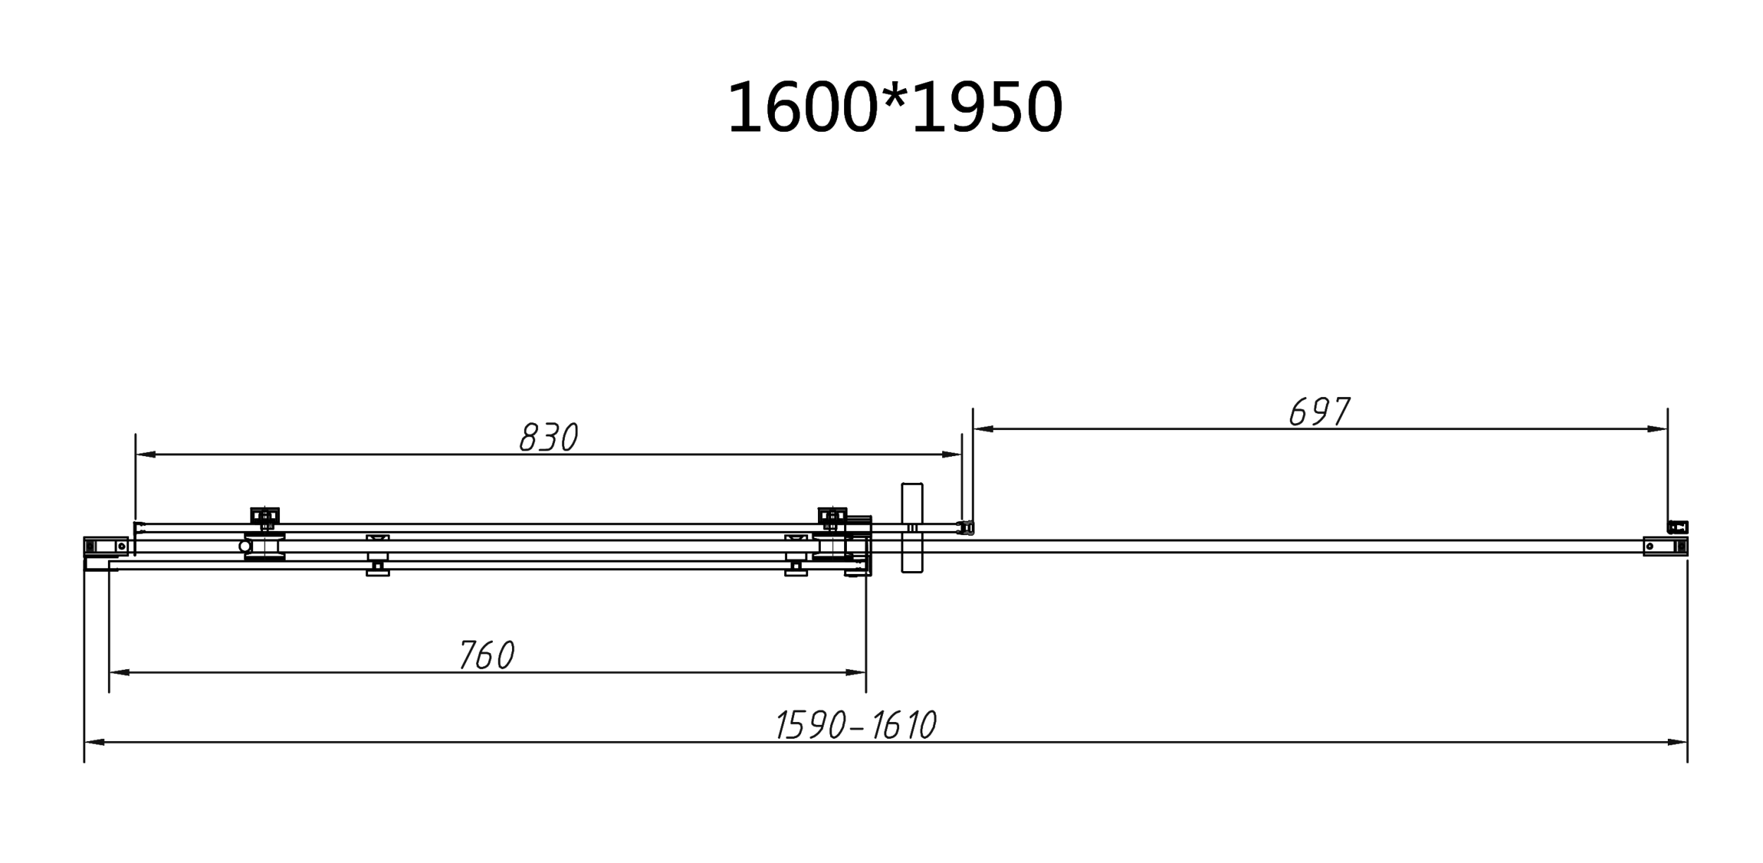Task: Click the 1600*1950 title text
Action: click(895, 108)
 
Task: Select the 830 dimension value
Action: click(549, 437)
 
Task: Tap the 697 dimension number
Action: click(1319, 412)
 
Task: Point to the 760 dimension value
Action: click(487, 655)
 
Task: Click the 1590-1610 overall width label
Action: click(855, 725)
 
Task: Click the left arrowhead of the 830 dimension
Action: click(145, 455)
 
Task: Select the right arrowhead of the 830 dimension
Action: click(952, 455)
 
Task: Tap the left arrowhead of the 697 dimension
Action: click(983, 429)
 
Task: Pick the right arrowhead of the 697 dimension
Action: click(1658, 429)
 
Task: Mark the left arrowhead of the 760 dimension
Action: click(119, 673)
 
